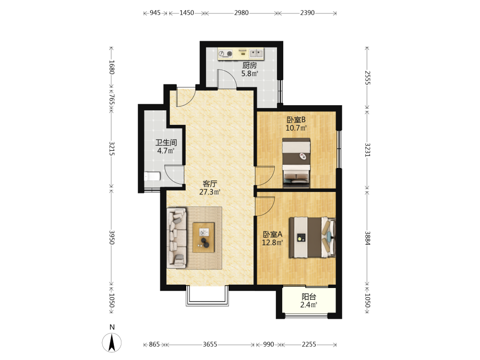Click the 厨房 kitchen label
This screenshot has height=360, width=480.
click(x=250, y=65)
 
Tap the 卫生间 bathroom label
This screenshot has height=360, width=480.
click(x=166, y=143)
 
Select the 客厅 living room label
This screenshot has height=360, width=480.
click(x=210, y=184)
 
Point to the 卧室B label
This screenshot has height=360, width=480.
click(x=296, y=120)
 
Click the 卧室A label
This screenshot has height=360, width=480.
click(x=273, y=235)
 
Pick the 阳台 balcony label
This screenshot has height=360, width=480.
click(x=309, y=297)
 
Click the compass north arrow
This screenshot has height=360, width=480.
click(x=112, y=342)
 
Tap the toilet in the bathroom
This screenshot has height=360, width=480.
click(x=152, y=176)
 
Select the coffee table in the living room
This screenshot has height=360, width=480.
click(x=204, y=238)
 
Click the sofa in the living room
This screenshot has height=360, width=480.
click(x=177, y=238)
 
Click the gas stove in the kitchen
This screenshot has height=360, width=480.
click(x=225, y=54)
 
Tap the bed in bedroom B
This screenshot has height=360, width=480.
click(x=296, y=163)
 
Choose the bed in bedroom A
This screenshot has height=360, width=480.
click(x=312, y=237)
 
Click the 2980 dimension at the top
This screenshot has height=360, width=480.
click(x=241, y=13)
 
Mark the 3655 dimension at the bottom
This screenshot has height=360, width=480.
click(x=210, y=344)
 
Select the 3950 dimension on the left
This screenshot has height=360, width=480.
click(x=112, y=238)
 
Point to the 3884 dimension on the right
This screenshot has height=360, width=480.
click(x=367, y=238)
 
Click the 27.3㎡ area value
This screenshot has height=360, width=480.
click(x=210, y=192)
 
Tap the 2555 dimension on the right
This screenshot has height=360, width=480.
click(x=367, y=78)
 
